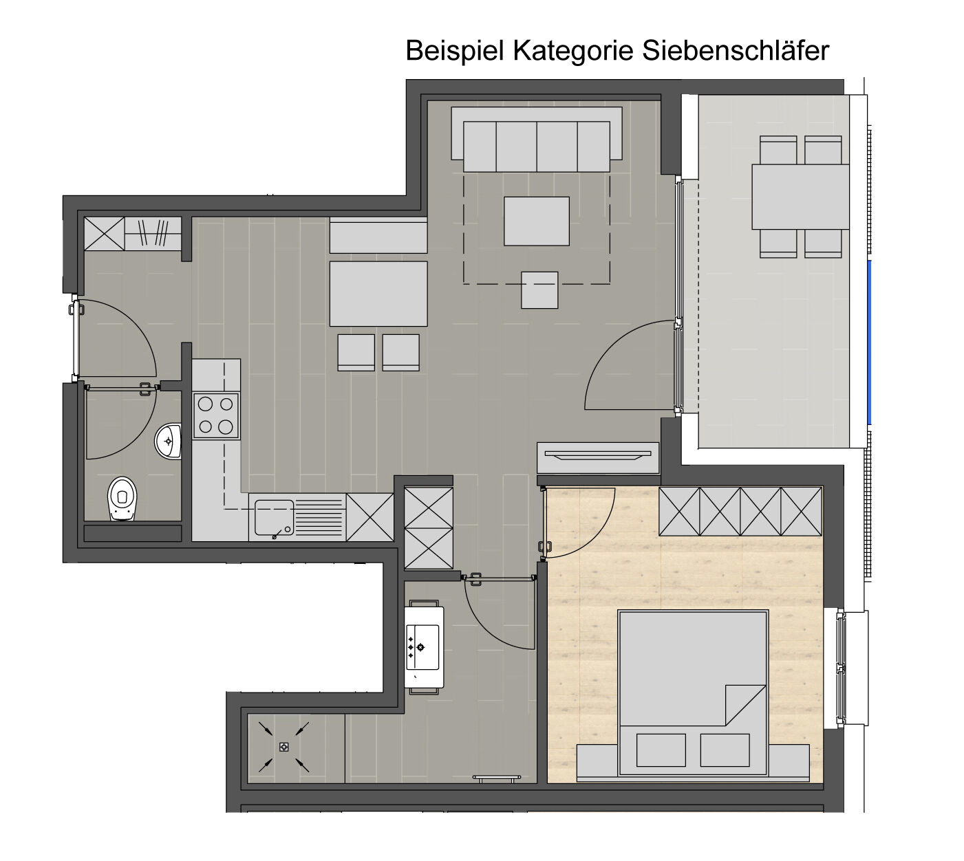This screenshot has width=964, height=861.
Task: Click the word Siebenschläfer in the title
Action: (735, 50)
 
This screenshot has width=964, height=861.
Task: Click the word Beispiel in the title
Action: (454, 51)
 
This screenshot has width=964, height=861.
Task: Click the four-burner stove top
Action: (216, 415)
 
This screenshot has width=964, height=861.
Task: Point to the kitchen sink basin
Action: (274, 517)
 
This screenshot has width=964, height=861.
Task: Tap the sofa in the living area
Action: (536, 139)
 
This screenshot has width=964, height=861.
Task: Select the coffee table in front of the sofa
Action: (536, 221)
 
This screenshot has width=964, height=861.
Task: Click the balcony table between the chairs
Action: (800, 197)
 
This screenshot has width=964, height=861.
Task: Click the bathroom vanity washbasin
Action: (422, 647)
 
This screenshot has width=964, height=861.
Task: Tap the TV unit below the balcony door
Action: (598, 457)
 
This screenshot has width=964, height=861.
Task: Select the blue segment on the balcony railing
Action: (869, 342)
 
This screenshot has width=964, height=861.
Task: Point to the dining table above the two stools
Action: (378, 294)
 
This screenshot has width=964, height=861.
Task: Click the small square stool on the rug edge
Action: (539, 290)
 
